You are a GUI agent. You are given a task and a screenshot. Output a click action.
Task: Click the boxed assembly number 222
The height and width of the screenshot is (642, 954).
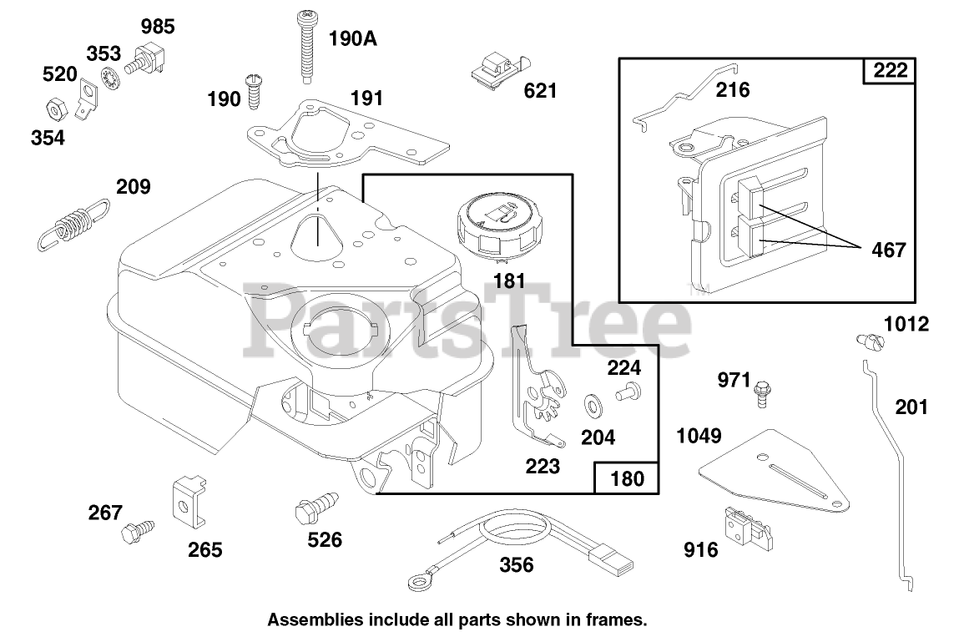tap(890, 71)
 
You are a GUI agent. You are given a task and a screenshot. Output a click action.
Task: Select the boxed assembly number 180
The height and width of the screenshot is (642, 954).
tap(628, 478)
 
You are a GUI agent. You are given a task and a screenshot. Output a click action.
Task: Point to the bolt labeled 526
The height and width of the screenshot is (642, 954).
tap(313, 508)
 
